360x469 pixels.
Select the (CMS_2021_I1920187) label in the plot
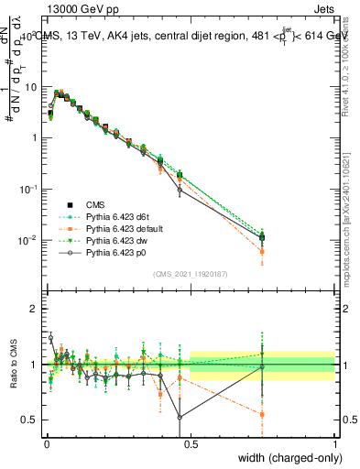click(x=190, y=273)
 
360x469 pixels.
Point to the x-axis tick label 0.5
click(x=191, y=442)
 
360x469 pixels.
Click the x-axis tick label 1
click(x=334, y=442)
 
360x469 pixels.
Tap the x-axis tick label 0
click(x=47, y=442)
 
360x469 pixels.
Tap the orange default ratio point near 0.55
click(x=262, y=414)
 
